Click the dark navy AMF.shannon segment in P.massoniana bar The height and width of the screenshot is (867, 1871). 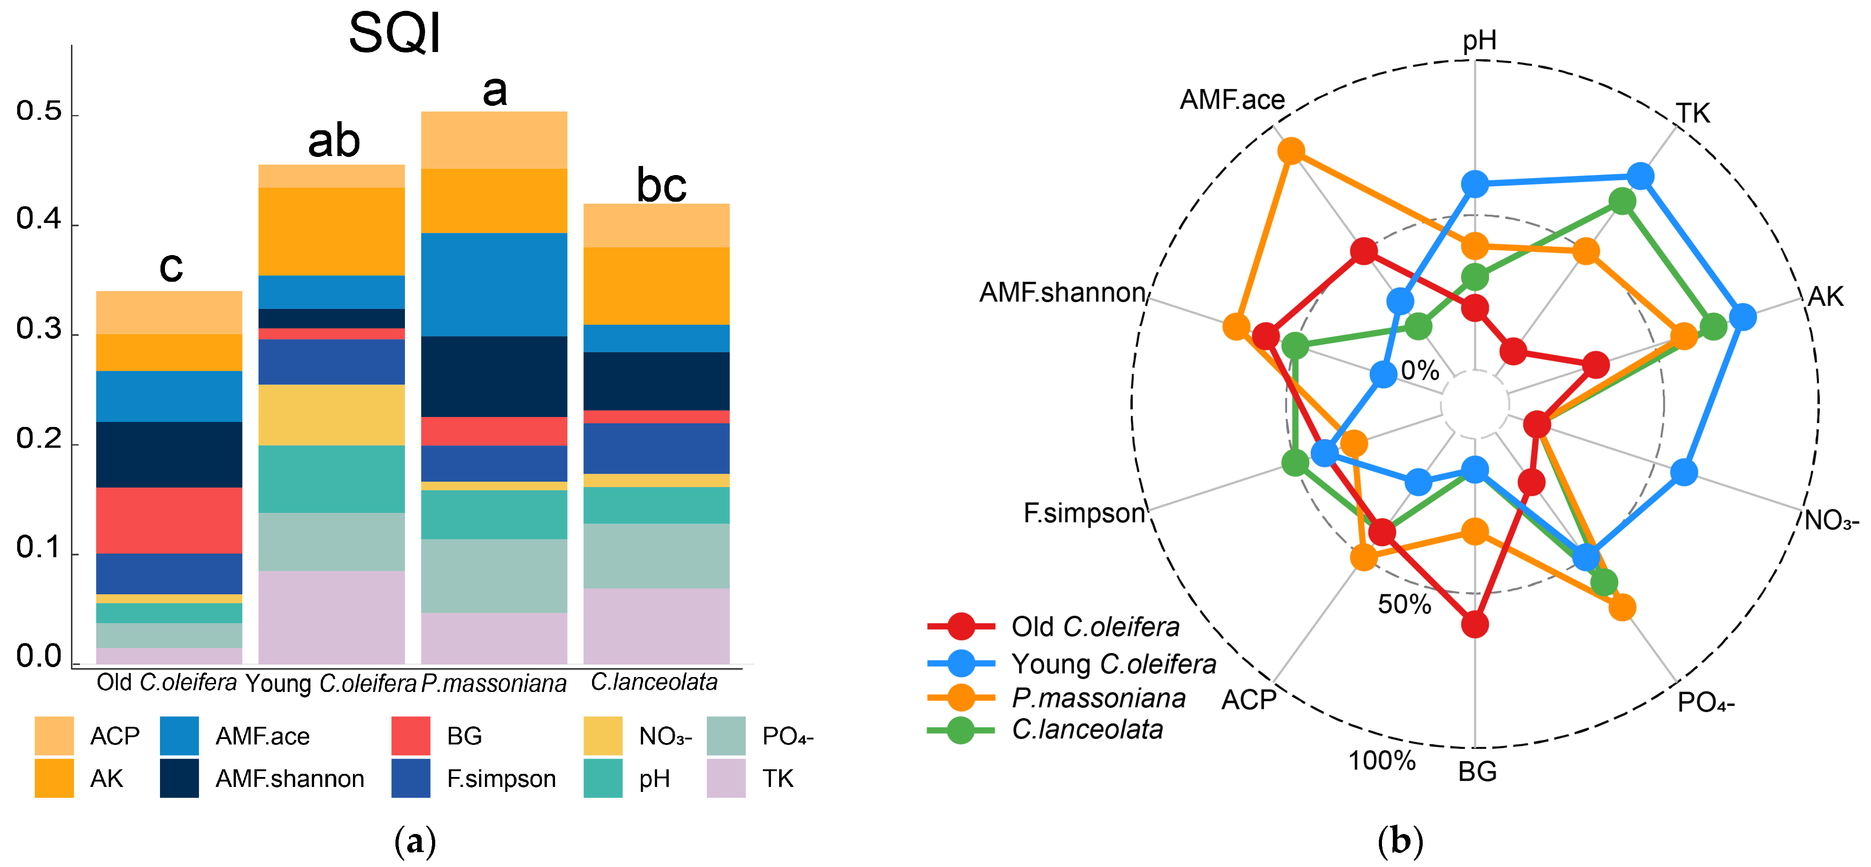click(494, 376)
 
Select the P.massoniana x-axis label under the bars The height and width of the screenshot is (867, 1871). click(494, 683)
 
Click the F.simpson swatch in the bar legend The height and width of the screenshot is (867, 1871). click(410, 778)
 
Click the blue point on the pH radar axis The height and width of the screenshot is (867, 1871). click(1474, 185)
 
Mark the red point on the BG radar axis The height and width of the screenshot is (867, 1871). click(1474, 624)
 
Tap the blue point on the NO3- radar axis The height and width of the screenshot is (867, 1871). click(1683, 472)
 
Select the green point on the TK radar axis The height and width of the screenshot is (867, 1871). click(1622, 201)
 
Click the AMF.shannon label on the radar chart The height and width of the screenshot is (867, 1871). click(1062, 292)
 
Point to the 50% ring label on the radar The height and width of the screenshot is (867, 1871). click(1404, 604)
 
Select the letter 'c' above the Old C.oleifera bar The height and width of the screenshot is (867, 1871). click(171, 267)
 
